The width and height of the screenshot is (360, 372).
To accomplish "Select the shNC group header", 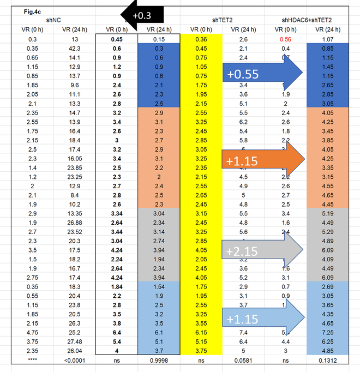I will [53, 19].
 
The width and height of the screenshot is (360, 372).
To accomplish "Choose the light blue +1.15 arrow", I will [262, 317].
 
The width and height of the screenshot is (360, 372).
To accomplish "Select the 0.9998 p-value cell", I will [159, 360].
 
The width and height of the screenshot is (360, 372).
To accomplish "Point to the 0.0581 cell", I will [244, 360].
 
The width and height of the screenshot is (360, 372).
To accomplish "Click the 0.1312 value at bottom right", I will [328, 360].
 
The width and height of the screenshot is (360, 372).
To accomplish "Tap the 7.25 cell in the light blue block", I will [328, 332].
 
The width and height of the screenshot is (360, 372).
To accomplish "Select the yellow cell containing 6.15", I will [201, 332].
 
